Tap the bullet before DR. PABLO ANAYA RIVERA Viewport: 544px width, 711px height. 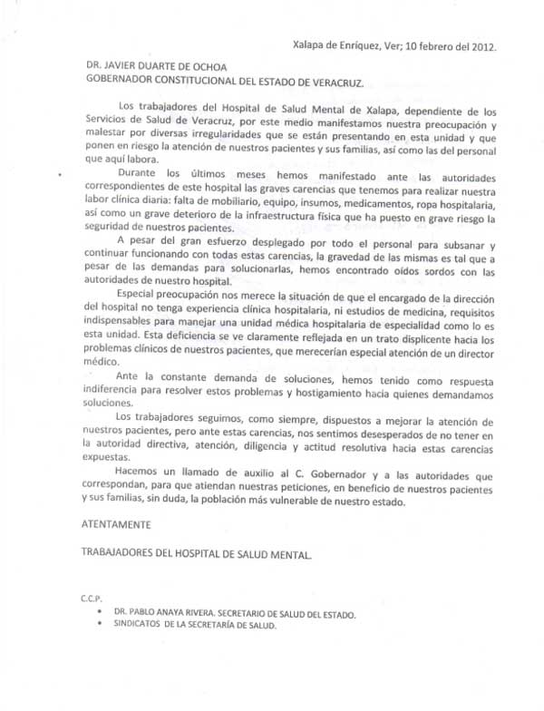tap(105, 614)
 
